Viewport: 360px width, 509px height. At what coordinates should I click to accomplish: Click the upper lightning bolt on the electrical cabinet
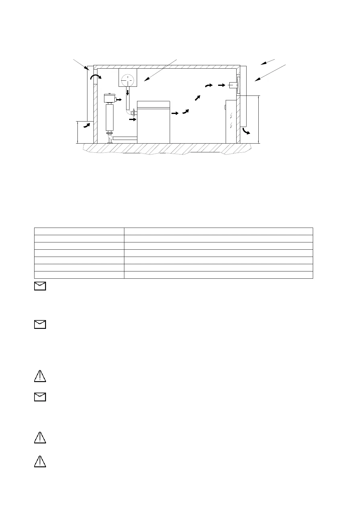point(231,115)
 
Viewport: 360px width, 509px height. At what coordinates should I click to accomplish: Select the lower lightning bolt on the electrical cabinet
point(231,125)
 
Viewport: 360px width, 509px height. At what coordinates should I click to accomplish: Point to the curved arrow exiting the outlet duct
point(246,131)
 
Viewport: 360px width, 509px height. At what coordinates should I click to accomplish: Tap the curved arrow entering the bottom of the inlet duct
point(87,125)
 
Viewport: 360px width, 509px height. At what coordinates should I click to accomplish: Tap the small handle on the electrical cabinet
point(225,107)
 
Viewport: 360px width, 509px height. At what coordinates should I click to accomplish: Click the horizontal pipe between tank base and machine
point(125,138)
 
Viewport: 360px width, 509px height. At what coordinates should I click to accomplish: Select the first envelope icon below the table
point(40,286)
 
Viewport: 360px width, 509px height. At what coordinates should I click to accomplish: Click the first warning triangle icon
point(40,376)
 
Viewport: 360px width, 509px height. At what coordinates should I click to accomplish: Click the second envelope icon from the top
point(40,324)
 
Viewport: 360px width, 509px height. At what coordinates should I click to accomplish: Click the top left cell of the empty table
point(79,231)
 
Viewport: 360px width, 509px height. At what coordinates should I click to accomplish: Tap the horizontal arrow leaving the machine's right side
point(175,113)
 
